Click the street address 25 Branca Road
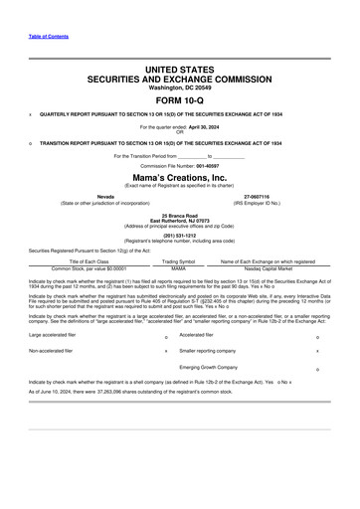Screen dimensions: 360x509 [179, 214]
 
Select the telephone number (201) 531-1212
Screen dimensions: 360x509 [179, 237]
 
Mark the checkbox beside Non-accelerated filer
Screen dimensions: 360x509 [165, 352]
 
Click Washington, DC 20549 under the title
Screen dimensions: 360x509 [179, 99]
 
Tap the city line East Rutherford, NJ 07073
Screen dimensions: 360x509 [179, 219]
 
